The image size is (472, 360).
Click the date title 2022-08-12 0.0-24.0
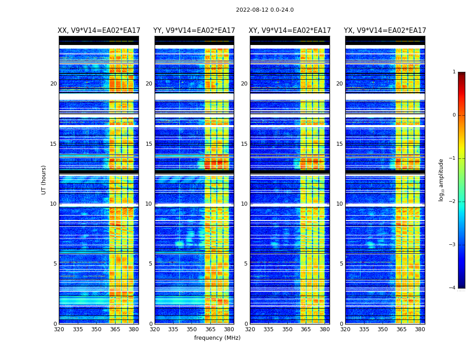pos(265,10)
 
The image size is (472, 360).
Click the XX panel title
pos(99,31)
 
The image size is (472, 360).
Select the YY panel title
pos(194,31)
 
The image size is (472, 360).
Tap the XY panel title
pos(290,31)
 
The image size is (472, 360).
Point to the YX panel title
pos(385,31)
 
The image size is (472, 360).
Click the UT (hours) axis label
pos(44,180)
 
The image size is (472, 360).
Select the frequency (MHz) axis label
pos(217,338)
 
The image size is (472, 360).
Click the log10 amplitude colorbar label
pos(441,180)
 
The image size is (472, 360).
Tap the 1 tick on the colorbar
pos(454,72)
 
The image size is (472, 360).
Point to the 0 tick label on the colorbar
pos(454,115)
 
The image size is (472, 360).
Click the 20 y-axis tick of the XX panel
pos(53,84)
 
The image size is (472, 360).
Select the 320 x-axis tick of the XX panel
pos(59,329)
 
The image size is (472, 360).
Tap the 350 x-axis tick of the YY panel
pos(192,329)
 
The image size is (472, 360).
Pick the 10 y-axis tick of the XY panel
pos(244,204)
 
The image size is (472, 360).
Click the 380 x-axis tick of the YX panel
pos(420,329)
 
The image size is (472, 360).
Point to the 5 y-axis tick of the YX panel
pos(341,264)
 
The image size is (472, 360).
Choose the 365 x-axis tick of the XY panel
pos(306,329)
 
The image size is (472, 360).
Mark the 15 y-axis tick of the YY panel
pos(149,144)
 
